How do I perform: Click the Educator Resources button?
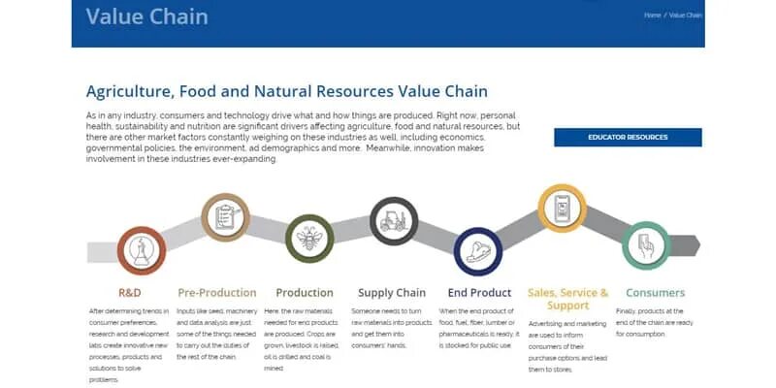[628, 137]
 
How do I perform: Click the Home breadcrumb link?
[652, 16]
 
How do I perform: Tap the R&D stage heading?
[131, 292]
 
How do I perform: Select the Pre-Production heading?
[217, 292]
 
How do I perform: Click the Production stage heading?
[304, 292]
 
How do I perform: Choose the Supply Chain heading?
[392, 292]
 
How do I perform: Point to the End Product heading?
[479, 292]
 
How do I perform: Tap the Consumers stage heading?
[655, 292]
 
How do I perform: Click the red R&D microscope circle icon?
[141, 251]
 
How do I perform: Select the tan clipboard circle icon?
[226, 217]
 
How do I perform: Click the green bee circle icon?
[309, 240]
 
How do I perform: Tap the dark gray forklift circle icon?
[394, 222]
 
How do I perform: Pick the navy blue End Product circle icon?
[477, 251]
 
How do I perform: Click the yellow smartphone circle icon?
[562, 209]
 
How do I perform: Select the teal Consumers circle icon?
[646, 245]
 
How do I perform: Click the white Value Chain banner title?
[146, 16]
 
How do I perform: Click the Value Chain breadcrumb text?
[686, 16]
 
